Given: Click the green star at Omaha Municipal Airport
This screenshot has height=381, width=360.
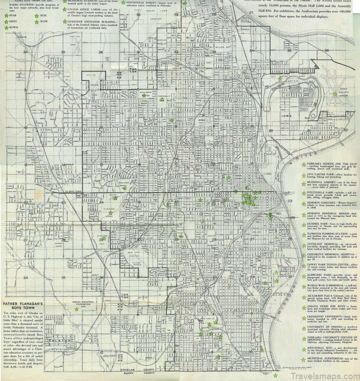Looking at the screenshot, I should click(x=335, y=94).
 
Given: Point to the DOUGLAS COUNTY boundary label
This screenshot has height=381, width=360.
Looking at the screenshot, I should click(x=136, y=369).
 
